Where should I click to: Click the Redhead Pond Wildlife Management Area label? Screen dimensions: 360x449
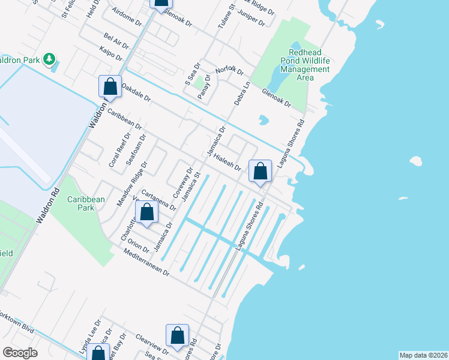[305, 65]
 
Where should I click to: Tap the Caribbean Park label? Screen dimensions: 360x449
[86, 203]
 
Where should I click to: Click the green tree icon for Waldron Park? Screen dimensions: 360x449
[50, 59]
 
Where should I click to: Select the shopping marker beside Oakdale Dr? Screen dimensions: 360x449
[110, 86]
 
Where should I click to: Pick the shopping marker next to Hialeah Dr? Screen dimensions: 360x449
[260, 172]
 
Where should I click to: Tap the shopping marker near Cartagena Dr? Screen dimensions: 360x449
[146, 212]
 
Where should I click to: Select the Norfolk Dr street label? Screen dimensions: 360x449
[229, 70]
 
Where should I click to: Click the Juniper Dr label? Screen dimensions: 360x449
[251, 17]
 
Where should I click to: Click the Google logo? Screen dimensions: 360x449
[20, 353]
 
